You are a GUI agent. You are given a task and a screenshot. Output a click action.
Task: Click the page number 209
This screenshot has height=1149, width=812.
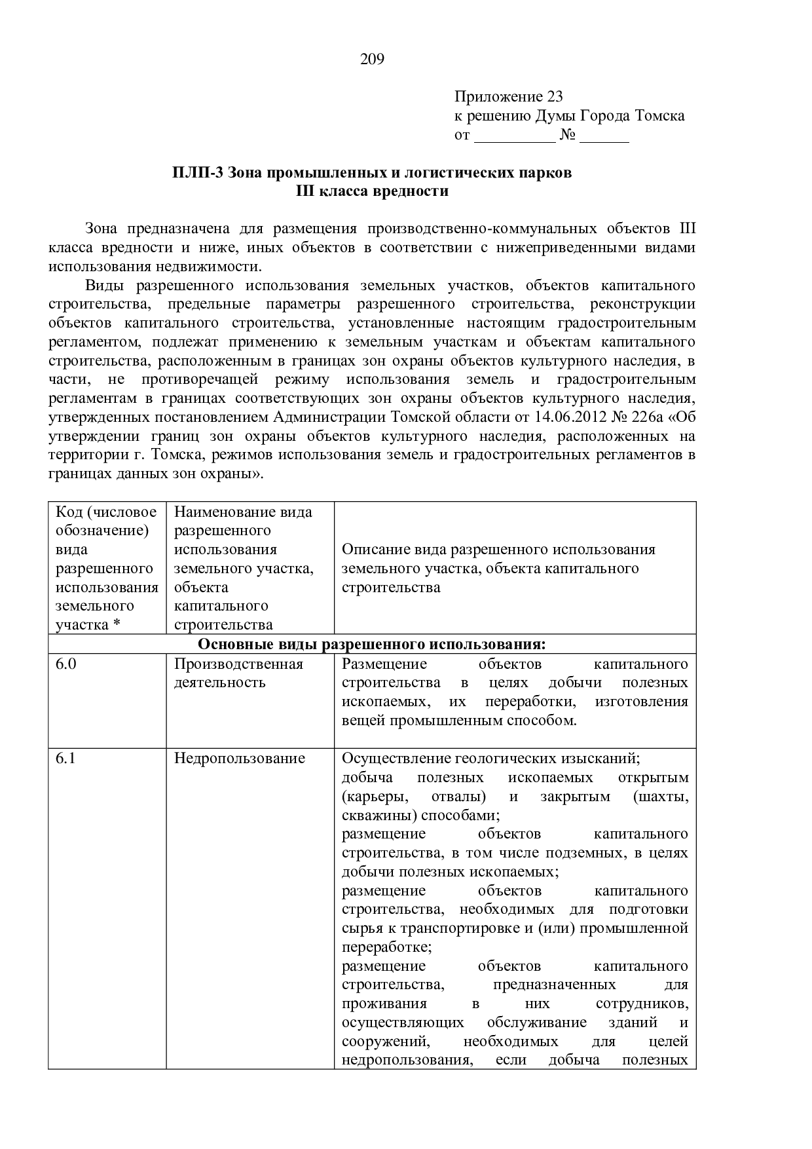click(372, 60)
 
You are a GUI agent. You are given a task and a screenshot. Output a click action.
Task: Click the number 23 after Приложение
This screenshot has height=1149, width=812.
click(555, 97)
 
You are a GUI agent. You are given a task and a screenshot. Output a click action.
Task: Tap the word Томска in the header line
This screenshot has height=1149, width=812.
click(659, 116)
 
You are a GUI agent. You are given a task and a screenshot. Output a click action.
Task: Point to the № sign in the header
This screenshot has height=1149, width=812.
click(567, 136)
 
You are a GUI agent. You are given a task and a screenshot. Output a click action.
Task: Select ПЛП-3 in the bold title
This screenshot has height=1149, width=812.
click(198, 173)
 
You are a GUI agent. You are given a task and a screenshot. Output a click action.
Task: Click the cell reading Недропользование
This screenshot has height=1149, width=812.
click(240, 759)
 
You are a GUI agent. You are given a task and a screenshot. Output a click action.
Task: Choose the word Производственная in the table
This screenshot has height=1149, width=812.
click(238, 664)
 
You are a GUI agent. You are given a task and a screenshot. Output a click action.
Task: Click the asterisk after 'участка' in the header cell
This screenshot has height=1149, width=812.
click(117, 624)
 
